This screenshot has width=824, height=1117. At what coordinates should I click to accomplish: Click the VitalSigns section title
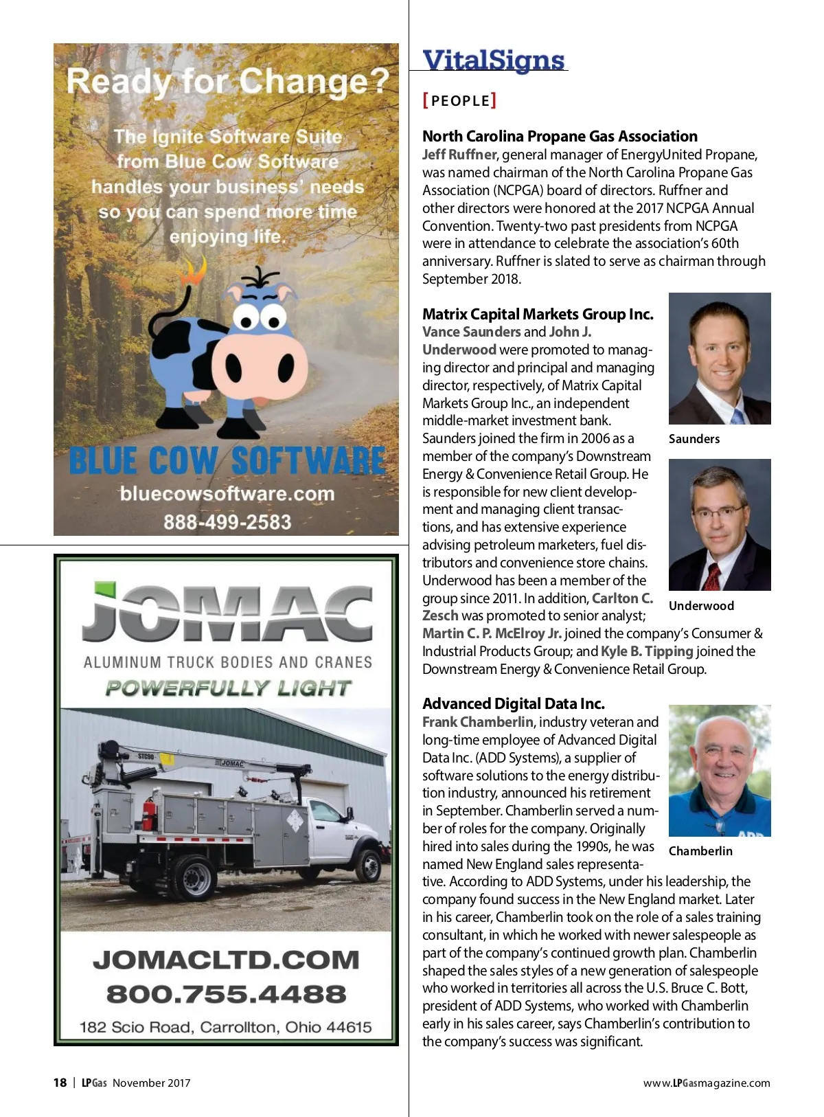coord(493,60)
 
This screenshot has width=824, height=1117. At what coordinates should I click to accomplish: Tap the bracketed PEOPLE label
coord(459,101)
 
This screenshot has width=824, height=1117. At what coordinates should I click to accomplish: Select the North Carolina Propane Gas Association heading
coord(560,136)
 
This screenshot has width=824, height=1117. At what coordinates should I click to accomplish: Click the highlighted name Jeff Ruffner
coord(459,155)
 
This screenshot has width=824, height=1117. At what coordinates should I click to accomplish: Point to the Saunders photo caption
coord(694,439)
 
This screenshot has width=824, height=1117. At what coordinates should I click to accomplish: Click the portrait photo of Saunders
coord(720,359)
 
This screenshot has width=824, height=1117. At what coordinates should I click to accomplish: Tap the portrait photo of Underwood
coord(720,525)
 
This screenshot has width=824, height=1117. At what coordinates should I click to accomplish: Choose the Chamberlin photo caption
coord(700,851)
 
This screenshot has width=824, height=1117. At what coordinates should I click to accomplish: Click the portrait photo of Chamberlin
coord(720,771)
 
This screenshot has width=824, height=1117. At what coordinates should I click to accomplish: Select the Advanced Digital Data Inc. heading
coord(514,703)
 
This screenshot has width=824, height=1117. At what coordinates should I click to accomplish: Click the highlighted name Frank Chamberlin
coord(477,722)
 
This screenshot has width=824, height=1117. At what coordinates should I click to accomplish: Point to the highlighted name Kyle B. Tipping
coord(647,651)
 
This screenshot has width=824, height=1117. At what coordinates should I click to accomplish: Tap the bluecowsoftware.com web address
coord(227,494)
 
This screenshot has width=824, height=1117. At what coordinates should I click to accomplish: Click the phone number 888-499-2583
coord(227,522)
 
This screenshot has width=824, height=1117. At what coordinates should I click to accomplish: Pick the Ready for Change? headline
coord(227,82)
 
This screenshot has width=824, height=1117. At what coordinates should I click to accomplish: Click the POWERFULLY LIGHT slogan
coord(228,688)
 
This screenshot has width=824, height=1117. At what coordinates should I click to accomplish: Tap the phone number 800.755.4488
coord(226,994)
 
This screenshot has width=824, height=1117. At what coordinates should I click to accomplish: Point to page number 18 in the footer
coord(60,1083)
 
